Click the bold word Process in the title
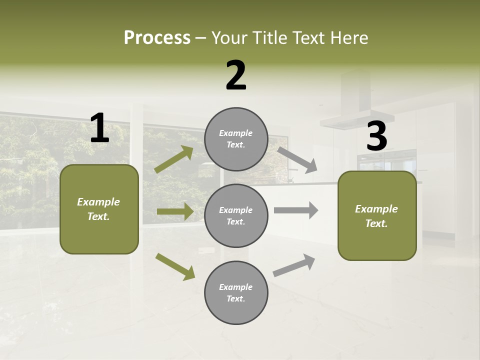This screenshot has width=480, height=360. coord(157,37)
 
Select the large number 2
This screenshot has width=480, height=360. coord(236,75)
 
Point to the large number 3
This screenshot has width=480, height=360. coord(376,136)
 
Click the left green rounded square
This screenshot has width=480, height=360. coord(99,209)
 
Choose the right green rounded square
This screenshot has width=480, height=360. coord(377,215)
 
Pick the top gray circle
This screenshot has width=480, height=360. coord(236,139)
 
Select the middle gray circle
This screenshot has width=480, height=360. coord(236,215)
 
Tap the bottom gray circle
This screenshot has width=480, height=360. coord(236,292)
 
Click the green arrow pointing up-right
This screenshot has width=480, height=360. coord(174,159)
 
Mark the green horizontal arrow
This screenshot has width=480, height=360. coord(175,211)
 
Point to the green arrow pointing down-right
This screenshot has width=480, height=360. coord(175,266)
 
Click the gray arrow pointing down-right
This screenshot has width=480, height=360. coord(297,159)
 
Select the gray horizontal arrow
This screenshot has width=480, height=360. coord(296,210)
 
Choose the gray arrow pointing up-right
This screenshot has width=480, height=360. coord(294,265)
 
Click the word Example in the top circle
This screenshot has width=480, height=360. coord(235,133)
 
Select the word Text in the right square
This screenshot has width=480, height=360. coord(376,223)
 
